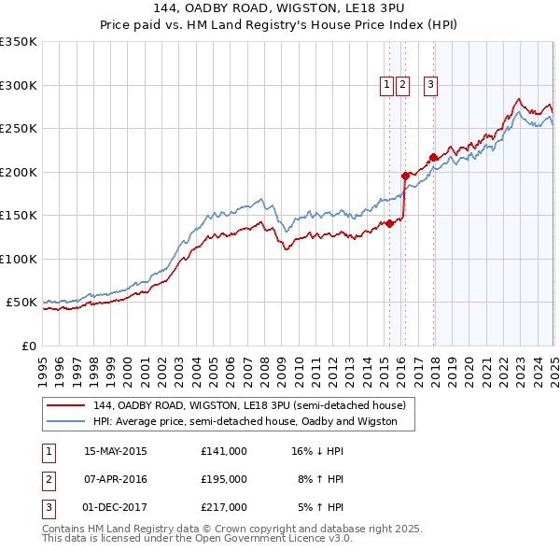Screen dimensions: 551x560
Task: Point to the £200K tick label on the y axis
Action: click(x=18, y=172)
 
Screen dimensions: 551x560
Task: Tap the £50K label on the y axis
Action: click(x=21, y=303)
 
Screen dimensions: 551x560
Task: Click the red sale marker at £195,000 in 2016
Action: click(x=405, y=176)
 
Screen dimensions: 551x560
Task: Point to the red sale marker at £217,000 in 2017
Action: click(x=433, y=157)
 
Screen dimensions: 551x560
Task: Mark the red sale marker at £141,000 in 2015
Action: click(x=389, y=223)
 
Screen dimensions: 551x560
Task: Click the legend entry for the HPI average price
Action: click(x=245, y=422)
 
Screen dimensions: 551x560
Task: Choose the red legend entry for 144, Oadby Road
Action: click(x=249, y=406)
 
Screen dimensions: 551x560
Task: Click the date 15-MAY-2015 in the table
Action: click(x=116, y=451)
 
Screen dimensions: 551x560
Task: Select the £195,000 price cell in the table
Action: click(x=224, y=479)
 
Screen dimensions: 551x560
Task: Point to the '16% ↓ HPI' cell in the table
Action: click(x=318, y=451)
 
